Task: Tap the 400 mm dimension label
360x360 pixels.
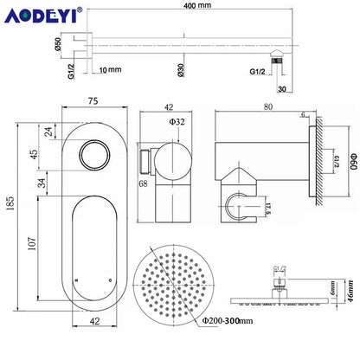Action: [x=197, y=5]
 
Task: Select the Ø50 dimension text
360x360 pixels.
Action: [x=57, y=44]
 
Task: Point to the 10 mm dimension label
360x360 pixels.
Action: [x=110, y=70]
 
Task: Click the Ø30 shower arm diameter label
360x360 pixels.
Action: [x=181, y=70]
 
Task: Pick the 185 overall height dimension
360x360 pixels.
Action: [x=10, y=203]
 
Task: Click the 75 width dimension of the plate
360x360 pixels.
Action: [x=93, y=101]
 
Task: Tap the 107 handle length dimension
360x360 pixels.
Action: [x=32, y=244]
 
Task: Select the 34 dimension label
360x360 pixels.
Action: [x=42, y=183]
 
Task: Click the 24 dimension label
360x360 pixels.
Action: [x=48, y=132]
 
